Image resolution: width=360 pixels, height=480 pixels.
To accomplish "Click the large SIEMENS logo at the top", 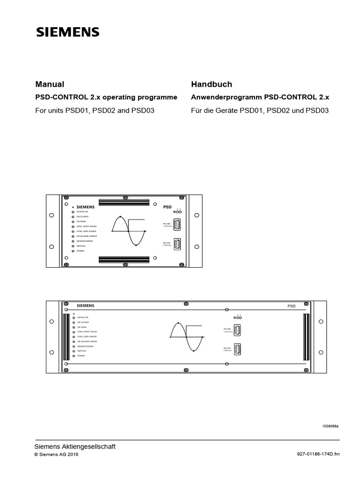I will [x=68, y=32].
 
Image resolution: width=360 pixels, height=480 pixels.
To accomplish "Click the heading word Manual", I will [x=50, y=84].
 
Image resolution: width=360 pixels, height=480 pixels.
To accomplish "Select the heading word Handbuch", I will [x=211, y=84].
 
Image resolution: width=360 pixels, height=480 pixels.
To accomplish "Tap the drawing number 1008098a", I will [x=330, y=426].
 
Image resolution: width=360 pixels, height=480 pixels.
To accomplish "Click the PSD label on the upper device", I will [x=167, y=206].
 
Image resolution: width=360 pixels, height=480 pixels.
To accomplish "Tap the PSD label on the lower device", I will [x=292, y=306].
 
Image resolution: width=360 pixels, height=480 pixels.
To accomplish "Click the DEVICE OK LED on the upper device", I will [x=73, y=212].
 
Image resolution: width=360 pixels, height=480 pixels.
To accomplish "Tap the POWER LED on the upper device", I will [x=73, y=251].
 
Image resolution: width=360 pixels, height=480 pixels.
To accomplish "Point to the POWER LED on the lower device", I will [x=73, y=357].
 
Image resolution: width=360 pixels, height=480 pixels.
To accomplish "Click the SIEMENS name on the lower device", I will [x=85, y=305].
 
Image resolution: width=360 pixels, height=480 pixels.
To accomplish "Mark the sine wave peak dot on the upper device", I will [x=120, y=217].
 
